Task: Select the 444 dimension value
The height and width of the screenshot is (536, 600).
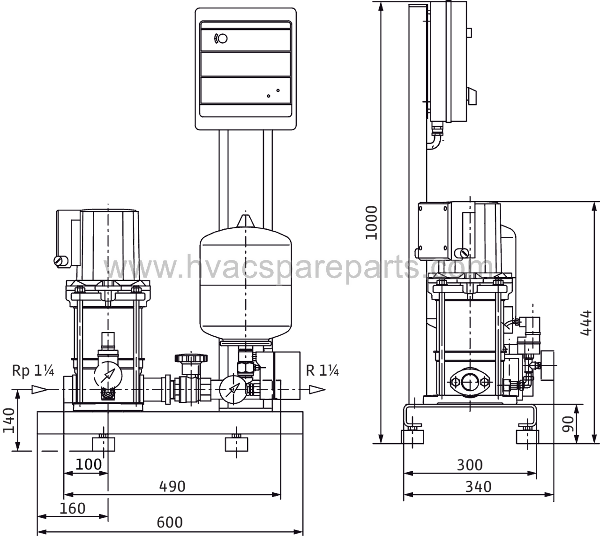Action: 585,323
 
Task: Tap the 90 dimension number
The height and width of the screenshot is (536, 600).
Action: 568,424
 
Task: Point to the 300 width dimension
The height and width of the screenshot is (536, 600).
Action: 470,465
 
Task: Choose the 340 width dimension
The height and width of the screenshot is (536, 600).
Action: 478,486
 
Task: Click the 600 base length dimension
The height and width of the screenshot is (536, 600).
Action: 170,522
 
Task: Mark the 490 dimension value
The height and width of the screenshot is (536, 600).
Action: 172,486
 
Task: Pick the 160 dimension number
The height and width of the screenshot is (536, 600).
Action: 73,508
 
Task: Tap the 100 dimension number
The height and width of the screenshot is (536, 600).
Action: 89,464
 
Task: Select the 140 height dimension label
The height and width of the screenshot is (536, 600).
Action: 9,420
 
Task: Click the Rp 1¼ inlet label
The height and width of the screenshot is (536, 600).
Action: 33,370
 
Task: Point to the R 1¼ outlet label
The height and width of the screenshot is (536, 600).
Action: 322,370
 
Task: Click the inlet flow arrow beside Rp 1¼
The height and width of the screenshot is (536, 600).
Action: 40,389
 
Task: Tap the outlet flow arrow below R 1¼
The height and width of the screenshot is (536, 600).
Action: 317,390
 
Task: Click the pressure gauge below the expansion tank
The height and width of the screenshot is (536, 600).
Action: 233,389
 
